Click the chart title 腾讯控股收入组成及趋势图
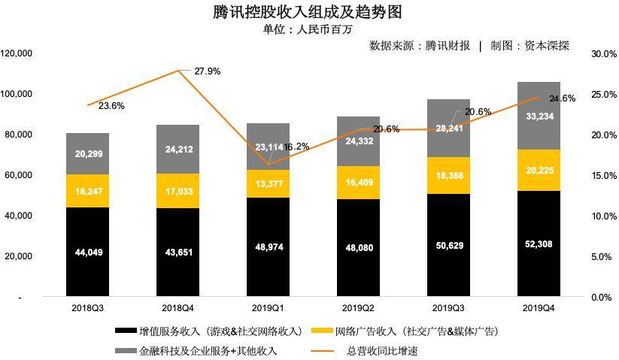pyautogui.click(x=308, y=12)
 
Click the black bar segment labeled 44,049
pyautogui.click(x=87, y=252)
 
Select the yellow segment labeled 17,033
pyautogui.click(x=179, y=191)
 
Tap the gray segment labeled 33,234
pyautogui.click(x=539, y=116)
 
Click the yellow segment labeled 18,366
pyautogui.click(x=448, y=175)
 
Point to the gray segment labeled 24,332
pyautogui.click(x=358, y=141)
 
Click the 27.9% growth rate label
pyautogui.click(x=208, y=71)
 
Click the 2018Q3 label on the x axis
pyautogui.click(x=87, y=308)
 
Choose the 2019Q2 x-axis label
pyautogui.click(x=358, y=308)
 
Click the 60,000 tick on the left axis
pyautogui.click(x=18, y=175)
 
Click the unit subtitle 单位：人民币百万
pyautogui.click(x=308, y=29)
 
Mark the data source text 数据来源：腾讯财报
pyautogui.click(x=420, y=46)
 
